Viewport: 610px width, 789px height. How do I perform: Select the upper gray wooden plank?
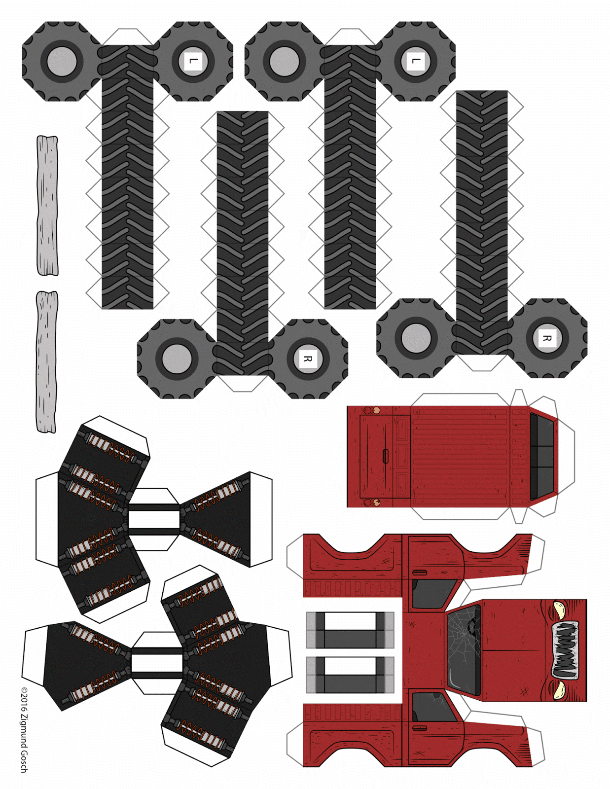click(x=47, y=206)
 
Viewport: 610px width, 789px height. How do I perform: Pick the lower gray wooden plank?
click(x=46, y=361)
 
